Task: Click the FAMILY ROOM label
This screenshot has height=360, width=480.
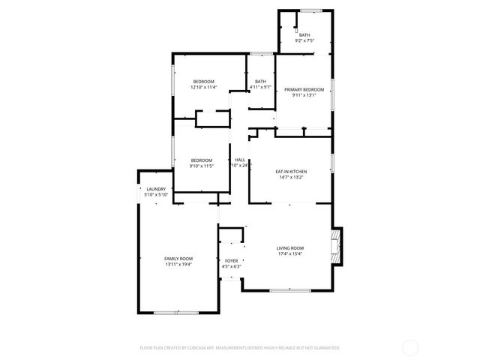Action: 178,258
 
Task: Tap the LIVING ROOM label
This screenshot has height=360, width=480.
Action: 289,248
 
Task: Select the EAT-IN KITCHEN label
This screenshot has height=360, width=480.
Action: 291,172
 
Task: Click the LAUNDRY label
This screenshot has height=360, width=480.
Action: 156,189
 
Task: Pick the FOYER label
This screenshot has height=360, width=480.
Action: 231,261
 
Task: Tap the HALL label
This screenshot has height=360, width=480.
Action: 240,160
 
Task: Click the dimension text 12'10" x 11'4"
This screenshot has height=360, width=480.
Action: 203,88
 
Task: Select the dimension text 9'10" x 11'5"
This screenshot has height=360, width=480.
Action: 201,166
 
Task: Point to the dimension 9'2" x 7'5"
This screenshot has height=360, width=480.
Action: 304,40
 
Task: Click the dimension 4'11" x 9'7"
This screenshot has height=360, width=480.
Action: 260,88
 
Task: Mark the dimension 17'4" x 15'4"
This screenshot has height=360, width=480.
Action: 289,254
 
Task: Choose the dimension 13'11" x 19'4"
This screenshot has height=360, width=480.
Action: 178,264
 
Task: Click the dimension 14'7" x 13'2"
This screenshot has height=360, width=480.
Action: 291,178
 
